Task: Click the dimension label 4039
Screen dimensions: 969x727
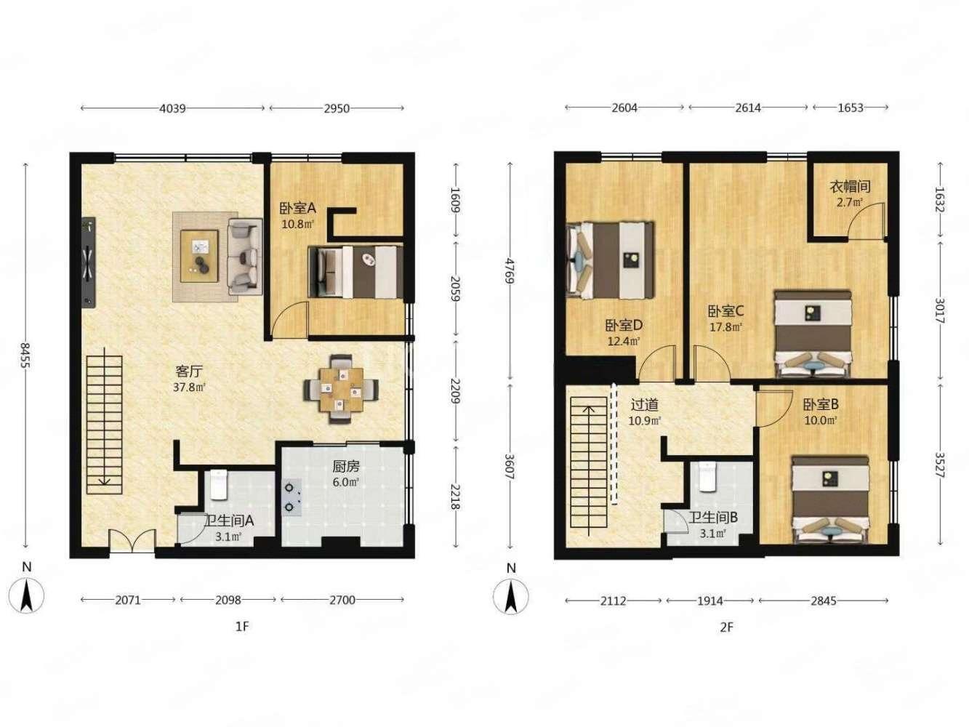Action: click(172, 108)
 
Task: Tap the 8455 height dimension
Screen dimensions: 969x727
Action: click(25, 356)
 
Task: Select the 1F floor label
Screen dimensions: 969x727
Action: click(242, 627)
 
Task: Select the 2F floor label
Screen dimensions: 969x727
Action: click(726, 627)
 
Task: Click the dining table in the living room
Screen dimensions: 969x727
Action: click(341, 389)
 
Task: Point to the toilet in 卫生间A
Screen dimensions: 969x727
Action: click(219, 485)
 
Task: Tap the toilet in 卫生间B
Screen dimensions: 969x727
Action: click(707, 476)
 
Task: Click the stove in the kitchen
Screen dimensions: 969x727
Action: click(291, 497)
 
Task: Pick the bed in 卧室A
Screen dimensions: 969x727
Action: click(355, 272)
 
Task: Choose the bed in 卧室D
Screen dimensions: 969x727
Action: click(610, 260)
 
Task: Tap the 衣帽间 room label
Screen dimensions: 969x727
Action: click(851, 187)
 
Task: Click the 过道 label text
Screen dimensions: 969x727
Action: click(645, 404)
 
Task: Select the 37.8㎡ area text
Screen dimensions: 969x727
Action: click(190, 387)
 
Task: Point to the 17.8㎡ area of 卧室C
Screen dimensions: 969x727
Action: click(725, 327)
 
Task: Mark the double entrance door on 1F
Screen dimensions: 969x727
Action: click(132, 541)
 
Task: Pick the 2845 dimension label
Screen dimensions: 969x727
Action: click(824, 601)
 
